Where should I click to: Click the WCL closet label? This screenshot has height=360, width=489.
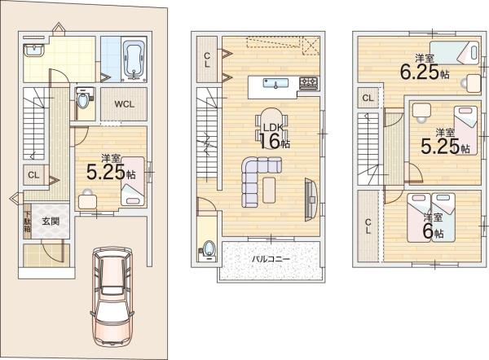coord(124,104)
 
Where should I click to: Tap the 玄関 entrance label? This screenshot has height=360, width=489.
coord(51,222)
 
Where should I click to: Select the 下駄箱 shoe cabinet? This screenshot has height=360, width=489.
coord(28,222)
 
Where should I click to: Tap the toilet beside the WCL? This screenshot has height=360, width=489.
coord(83,99)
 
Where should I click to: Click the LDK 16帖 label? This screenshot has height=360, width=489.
coord(274,136)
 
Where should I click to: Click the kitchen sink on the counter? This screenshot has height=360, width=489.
coord(275,83)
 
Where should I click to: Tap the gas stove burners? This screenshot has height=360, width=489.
coord(309,81)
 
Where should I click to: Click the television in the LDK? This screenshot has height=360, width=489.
coord(311,200)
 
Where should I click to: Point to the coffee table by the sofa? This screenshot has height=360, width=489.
coord(269,190)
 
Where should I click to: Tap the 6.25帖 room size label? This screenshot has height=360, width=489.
coord(425,72)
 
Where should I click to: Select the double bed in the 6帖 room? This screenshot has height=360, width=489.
coord(431,217)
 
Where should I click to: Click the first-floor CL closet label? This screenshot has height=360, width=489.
coord(33,175)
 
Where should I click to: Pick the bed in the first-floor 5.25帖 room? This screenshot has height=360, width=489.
coord(133,182)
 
